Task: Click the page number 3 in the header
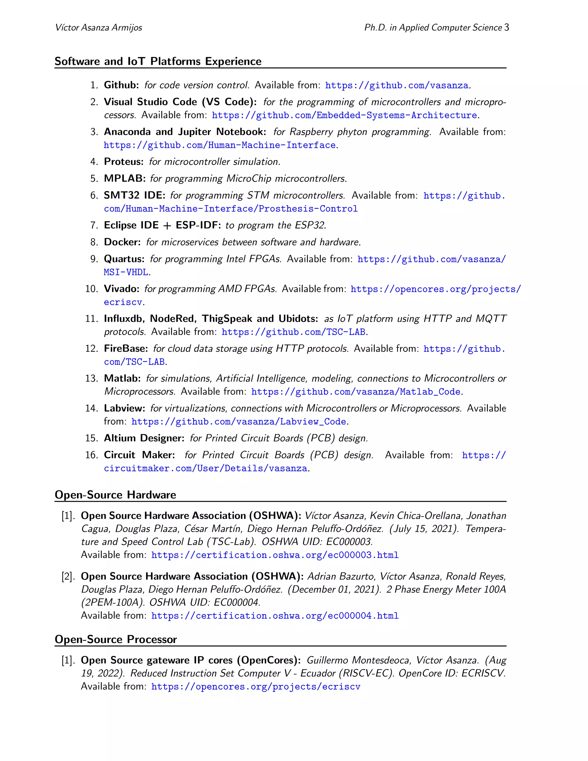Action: pyautogui.click(x=506, y=28)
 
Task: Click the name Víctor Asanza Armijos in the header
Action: pyautogui.click(x=98, y=28)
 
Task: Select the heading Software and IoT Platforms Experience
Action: pyautogui.click(x=158, y=61)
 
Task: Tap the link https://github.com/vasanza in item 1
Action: pyautogui.click(x=397, y=85)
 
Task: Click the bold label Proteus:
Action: pyautogui.click(x=124, y=162)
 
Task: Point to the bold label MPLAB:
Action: pyautogui.click(x=125, y=178)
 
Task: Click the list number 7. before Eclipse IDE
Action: pyautogui.click(x=94, y=225)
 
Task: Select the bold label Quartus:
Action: pyautogui.click(x=124, y=259)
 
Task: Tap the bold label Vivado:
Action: pyautogui.click(x=121, y=289)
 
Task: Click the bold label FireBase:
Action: pyautogui.click(x=126, y=348)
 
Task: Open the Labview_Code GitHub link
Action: pyautogui.click(x=239, y=422)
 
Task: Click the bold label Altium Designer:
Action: pyautogui.click(x=144, y=438)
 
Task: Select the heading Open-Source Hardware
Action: pyautogui.click(x=115, y=495)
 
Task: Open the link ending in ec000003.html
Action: pyautogui.click(x=274, y=555)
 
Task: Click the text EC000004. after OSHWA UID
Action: pyautogui.click(x=237, y=602)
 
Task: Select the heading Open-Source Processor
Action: pyautogui.click(x=116, y=640)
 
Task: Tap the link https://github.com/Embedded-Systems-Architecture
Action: pyautogui.click(x=344, y=115)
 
